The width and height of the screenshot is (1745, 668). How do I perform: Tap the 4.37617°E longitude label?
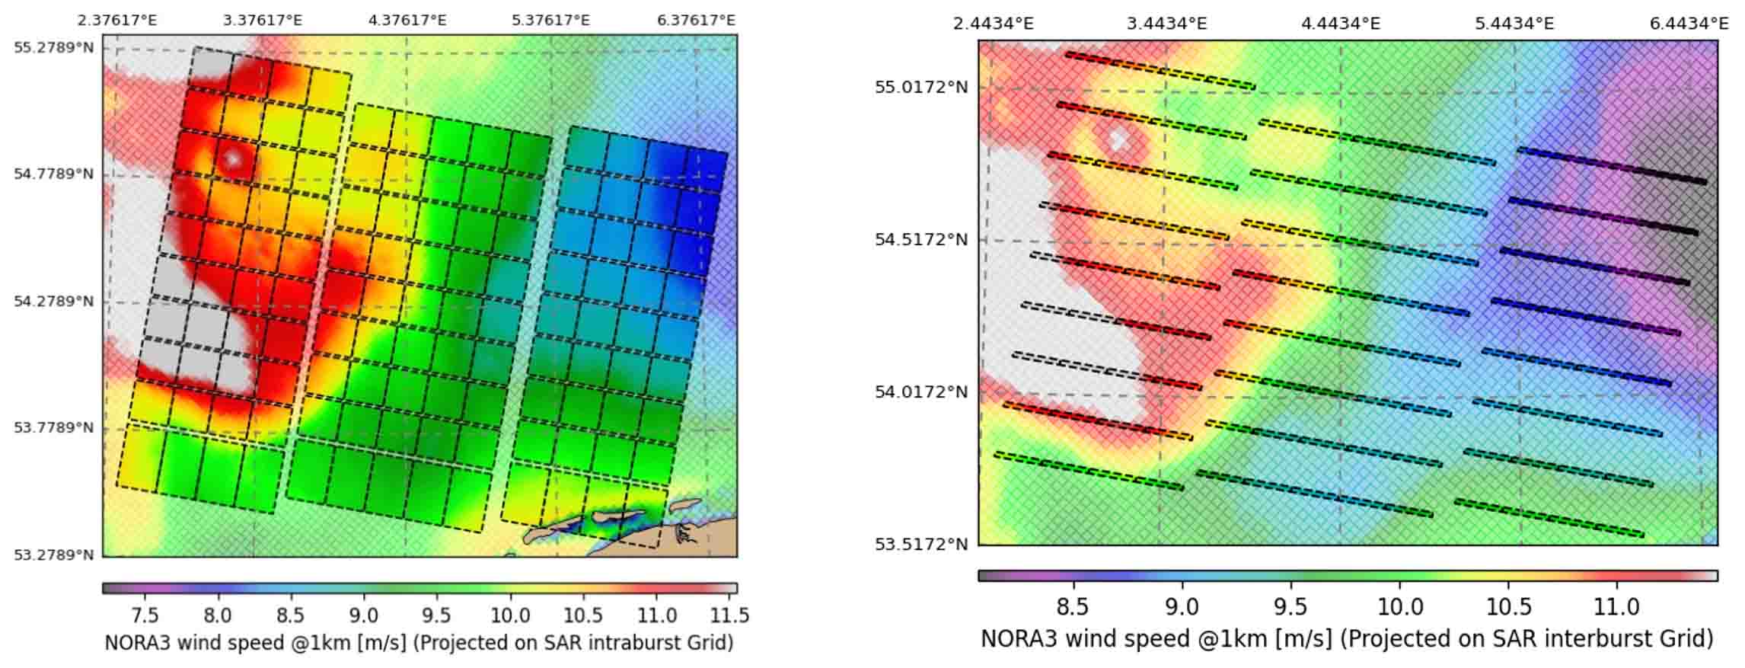tap(407, 20)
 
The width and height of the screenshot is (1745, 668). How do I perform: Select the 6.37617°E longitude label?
tap(696, 20)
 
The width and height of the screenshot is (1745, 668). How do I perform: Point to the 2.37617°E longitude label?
tap(117, 20)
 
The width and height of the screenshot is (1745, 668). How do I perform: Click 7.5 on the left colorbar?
tap(145, 615)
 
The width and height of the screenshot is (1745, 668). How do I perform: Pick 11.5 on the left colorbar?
tap(730, 615)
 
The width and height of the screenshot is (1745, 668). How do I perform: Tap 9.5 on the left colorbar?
tap(437, 615)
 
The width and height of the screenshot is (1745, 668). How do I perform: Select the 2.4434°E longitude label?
tap(993, 24)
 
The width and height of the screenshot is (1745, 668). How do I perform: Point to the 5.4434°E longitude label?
tap(1514, 24)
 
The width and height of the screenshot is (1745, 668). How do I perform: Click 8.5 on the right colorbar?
tap(1073, 607)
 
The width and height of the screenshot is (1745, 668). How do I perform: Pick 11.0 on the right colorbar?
tap(1616, 607)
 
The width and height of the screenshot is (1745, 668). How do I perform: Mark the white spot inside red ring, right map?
tap(1118, 139)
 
